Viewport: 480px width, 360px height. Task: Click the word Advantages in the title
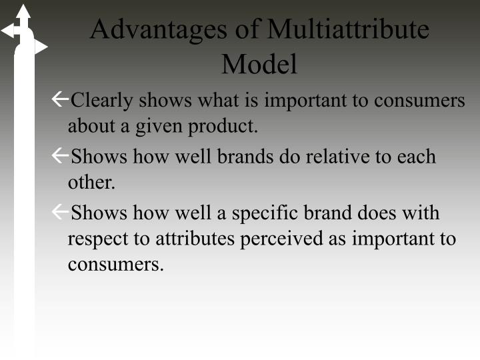159,30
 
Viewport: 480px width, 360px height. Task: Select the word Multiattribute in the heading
348,29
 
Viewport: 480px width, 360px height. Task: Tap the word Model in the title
259,64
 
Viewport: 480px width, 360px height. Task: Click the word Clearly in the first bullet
101,101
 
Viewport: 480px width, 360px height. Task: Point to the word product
223,126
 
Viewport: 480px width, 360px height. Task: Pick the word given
159,127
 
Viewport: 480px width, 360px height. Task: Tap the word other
91,183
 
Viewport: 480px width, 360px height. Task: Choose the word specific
265,213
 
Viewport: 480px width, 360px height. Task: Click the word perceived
281,239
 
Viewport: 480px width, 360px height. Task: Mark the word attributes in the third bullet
195,239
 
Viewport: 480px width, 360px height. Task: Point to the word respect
98,239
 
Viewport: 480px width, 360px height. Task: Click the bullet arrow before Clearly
60,99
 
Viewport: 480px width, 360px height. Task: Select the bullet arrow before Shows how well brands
60,155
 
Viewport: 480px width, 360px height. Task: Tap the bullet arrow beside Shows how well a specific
60,211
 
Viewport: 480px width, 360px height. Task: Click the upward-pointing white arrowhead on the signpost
23,11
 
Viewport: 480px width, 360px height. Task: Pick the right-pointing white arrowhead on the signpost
41,47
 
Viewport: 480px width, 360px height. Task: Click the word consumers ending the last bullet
115,265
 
